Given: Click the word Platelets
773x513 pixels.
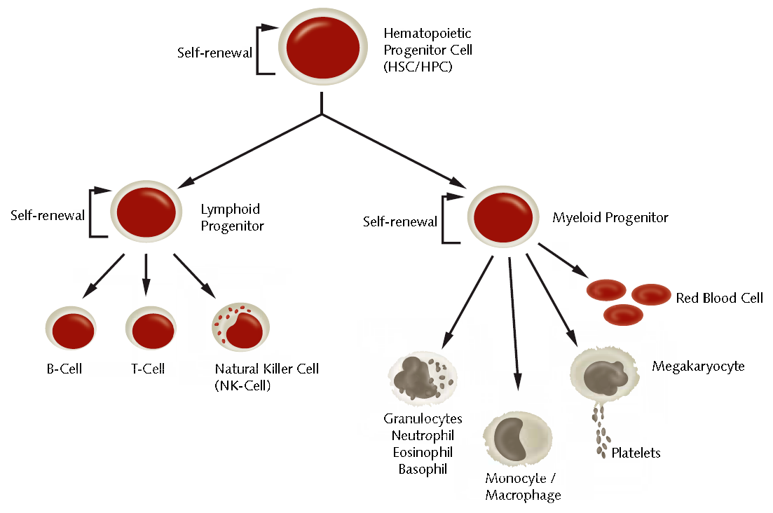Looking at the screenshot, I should pyautogui.click(x=636, y=453).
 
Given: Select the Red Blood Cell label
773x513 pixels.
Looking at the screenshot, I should pyautogui.click(x=719, y=298).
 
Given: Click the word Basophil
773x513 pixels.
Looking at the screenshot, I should pyautogui.click(x=423, y=468).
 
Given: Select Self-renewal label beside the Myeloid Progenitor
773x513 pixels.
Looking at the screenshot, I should pyautogui.click(x=400, y=221).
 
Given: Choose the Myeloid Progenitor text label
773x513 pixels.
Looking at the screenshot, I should pyautogui.click(x=610, y=217).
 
